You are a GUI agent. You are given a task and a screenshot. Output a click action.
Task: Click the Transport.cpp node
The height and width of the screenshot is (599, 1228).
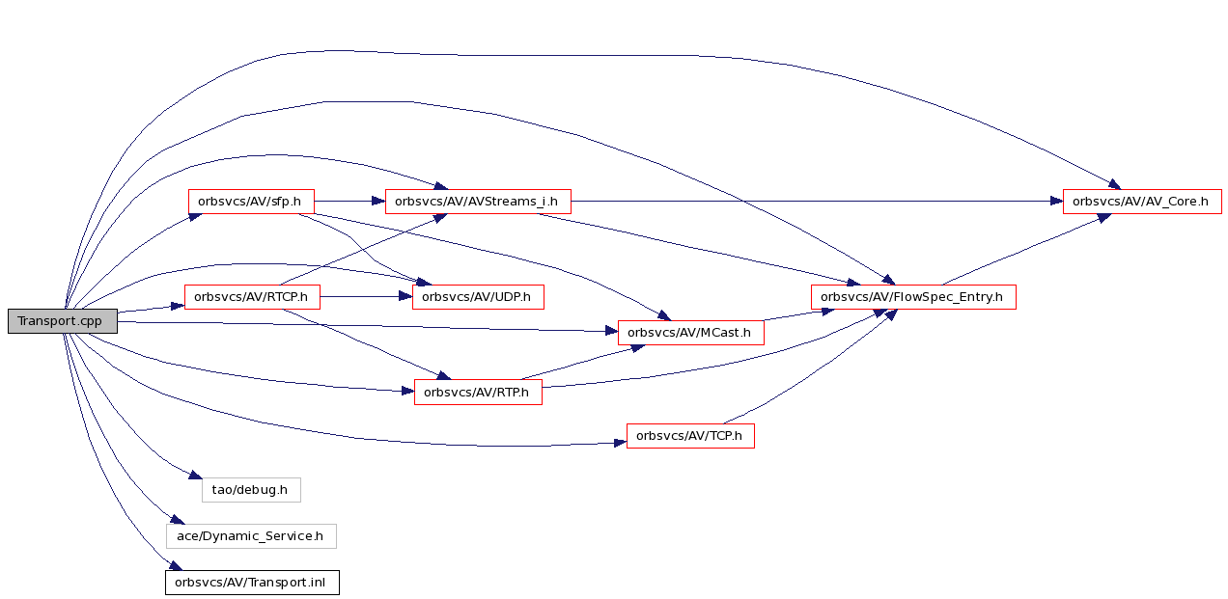pos(63,321)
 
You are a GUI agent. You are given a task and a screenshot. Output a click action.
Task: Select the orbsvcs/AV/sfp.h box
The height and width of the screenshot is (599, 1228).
pos(251,202)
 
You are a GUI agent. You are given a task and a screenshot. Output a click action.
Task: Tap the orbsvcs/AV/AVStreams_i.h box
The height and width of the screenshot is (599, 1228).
pos(478,202)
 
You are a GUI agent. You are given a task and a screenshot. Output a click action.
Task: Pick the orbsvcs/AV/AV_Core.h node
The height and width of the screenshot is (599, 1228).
pos(1142,202)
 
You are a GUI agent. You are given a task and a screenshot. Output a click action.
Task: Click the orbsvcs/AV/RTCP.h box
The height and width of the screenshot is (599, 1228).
pos(252,297)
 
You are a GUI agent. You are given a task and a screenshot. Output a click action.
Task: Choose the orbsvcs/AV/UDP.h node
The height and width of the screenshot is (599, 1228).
pos(478,297)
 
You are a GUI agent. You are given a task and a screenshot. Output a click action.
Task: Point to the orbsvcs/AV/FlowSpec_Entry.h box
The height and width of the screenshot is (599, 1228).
pos(913,297)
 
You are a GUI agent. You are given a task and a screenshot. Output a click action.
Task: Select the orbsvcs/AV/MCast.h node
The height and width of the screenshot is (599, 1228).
pos(691,333)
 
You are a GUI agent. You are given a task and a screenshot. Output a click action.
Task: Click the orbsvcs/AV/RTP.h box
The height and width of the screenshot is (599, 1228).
pos(478,392)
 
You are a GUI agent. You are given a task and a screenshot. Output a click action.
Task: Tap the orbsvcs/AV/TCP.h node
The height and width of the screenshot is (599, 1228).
pos(690,436)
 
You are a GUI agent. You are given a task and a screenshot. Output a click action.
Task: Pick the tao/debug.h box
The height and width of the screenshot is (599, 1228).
pos(251,489)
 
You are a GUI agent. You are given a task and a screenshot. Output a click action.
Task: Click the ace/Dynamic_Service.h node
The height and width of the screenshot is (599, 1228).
pos(251,536)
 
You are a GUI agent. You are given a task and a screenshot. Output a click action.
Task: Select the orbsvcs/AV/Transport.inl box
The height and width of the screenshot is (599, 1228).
pos(252,583)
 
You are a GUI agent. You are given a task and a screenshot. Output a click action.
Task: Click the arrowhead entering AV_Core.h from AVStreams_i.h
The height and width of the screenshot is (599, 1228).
pos(1056,202)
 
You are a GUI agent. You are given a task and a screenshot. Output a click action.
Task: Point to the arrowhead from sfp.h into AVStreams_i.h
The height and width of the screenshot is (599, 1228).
pos(378,202)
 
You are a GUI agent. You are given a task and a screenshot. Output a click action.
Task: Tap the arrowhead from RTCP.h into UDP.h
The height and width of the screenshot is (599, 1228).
pos(405,297)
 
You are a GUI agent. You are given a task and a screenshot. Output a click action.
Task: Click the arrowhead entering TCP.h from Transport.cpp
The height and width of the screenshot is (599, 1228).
pos(620,443)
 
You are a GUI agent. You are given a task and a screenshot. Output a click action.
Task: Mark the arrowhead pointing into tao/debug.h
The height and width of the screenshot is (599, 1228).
pos(196,476)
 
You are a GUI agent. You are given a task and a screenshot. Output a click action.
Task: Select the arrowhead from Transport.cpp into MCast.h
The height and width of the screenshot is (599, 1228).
pos(611,331)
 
